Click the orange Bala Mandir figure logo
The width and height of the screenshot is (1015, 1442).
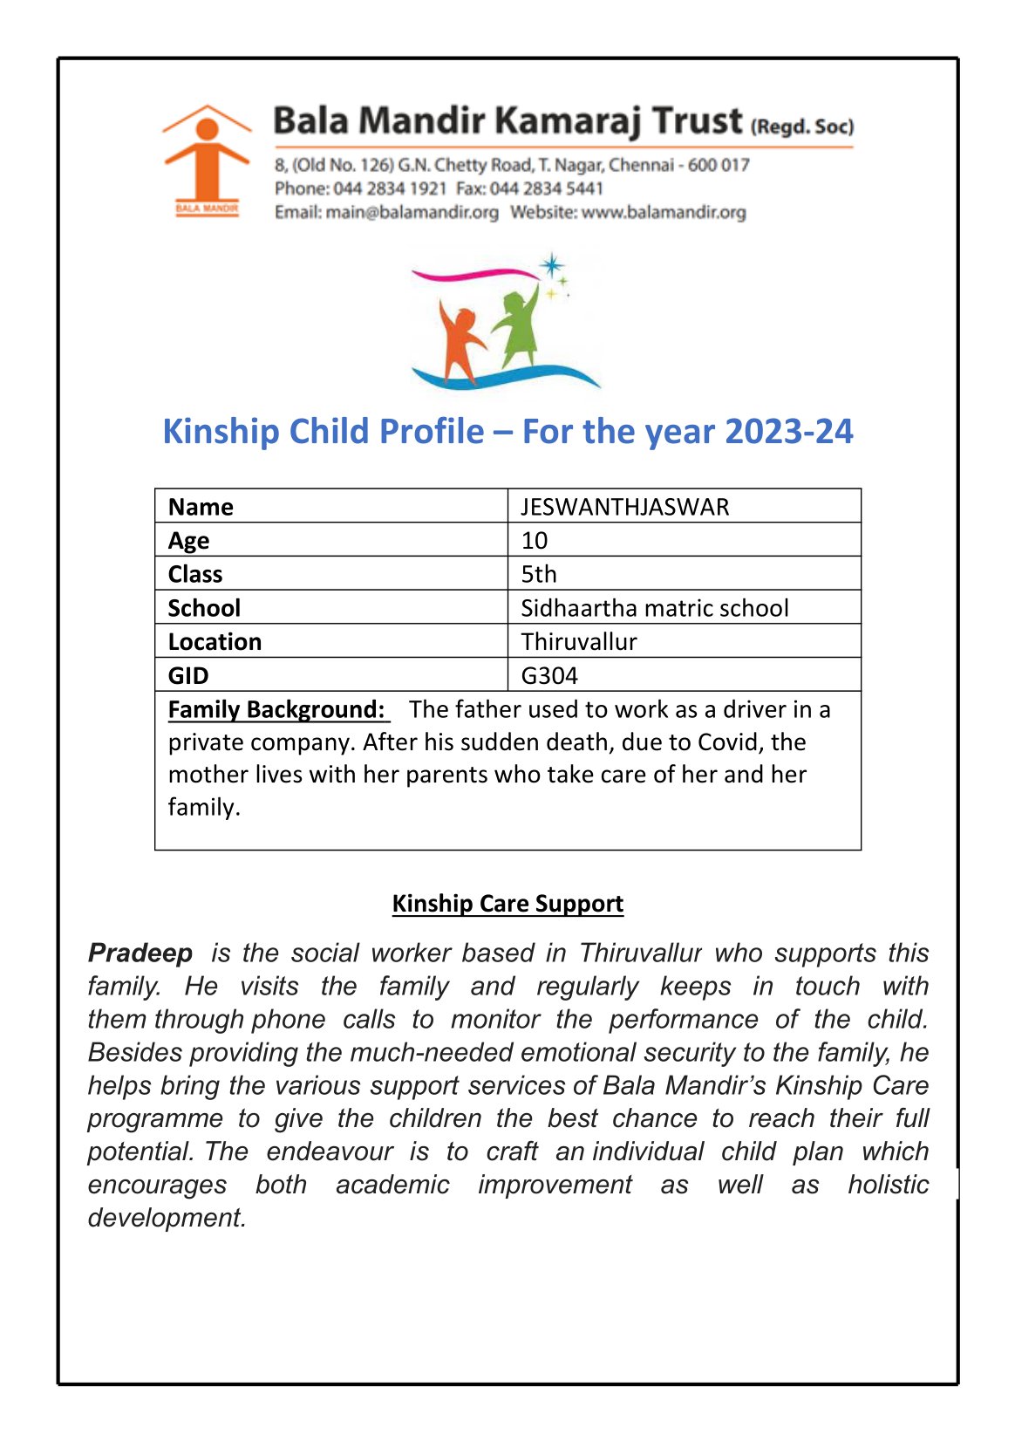pyautogui.click(x=207, y=161)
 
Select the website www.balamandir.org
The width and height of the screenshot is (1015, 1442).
pyautogui.click(x=664, y=212)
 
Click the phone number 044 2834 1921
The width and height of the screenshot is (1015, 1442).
pyautogui.click(x=390, y=188)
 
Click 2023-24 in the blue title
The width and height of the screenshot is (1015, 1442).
pyautogui.click(x=788, y=432)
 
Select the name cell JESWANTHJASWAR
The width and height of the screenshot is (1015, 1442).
pyautogui.click(x=624, y=507)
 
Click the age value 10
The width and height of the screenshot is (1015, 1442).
pyautogui.click(x=535, y=541)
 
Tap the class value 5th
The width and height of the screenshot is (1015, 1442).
pyautogui.click(x=539, y=574)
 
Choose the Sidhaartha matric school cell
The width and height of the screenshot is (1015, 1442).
pyautogui.click(x=654, y=608)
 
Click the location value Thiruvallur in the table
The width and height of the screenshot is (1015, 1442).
pyautogui.click(x=579, y=642)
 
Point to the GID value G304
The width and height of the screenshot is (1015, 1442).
pyautogui.click(x=549, y=676)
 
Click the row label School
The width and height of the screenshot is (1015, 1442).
pyautogui.click(x=204, y=608)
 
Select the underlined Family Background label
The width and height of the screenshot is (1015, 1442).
pyautogui.click(x=276, y=709)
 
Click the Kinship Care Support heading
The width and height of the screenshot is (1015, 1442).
pyautogui.click(x=507, y=904)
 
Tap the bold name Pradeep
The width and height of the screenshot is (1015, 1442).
pyautogui.click(x=140, y=953)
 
